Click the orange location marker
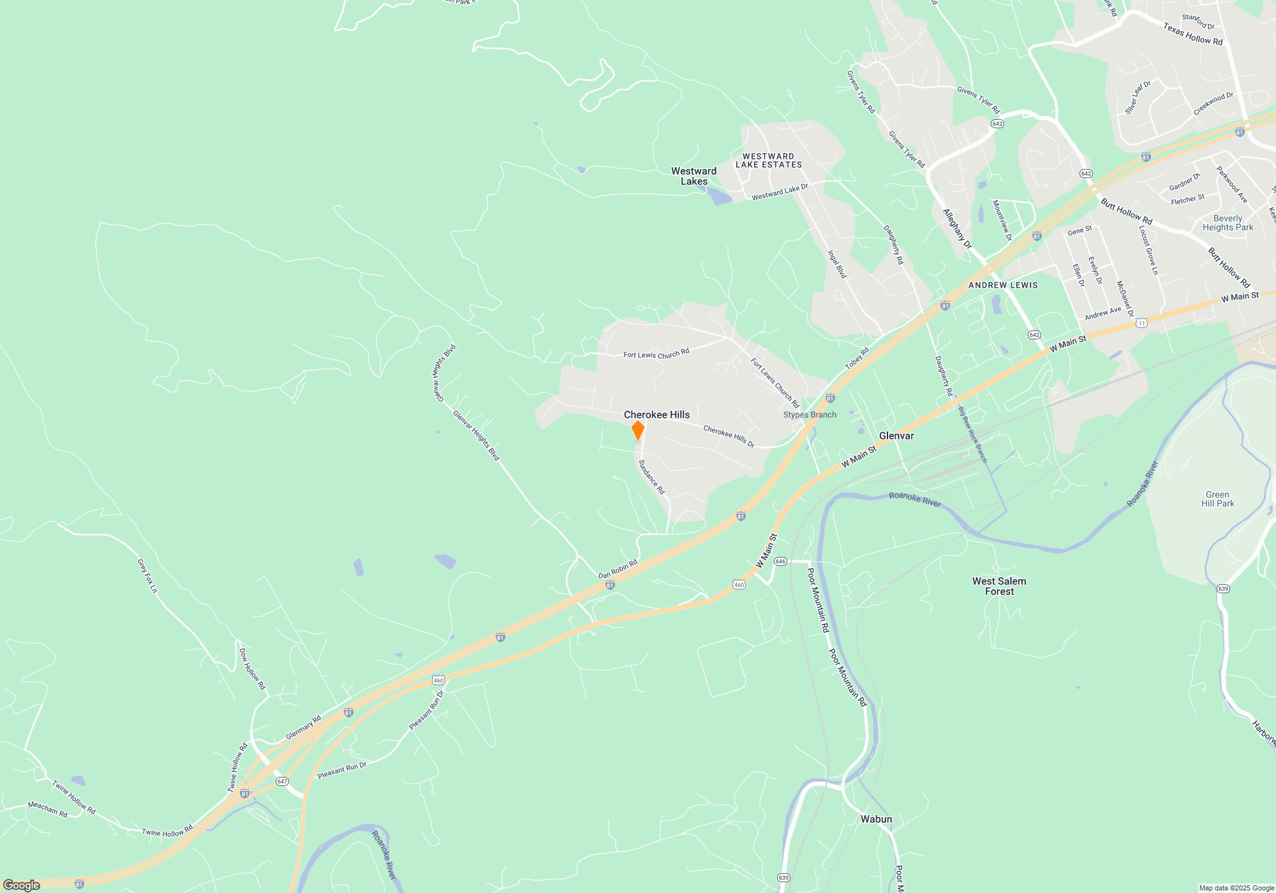(637, 431)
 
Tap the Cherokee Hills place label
(657, 415)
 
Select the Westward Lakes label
(694, 176)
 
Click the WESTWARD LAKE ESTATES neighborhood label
(768, 160)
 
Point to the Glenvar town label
(896, 436)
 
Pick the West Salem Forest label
(999, 586)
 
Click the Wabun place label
(876, 819)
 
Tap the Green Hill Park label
(1217, 499)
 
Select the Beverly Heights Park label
(1228, 223)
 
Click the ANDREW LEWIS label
(1003, 285)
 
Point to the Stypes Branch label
(810, 415)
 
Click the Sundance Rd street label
(651, 476)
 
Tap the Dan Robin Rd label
(618, 569)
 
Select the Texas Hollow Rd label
(1192, 34)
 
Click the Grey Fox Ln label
(147, 575)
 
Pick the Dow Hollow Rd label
(251, 668)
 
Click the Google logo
(21, 885)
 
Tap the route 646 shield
(780, 561)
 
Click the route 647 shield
(282, 781)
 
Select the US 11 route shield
(1141, 324)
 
